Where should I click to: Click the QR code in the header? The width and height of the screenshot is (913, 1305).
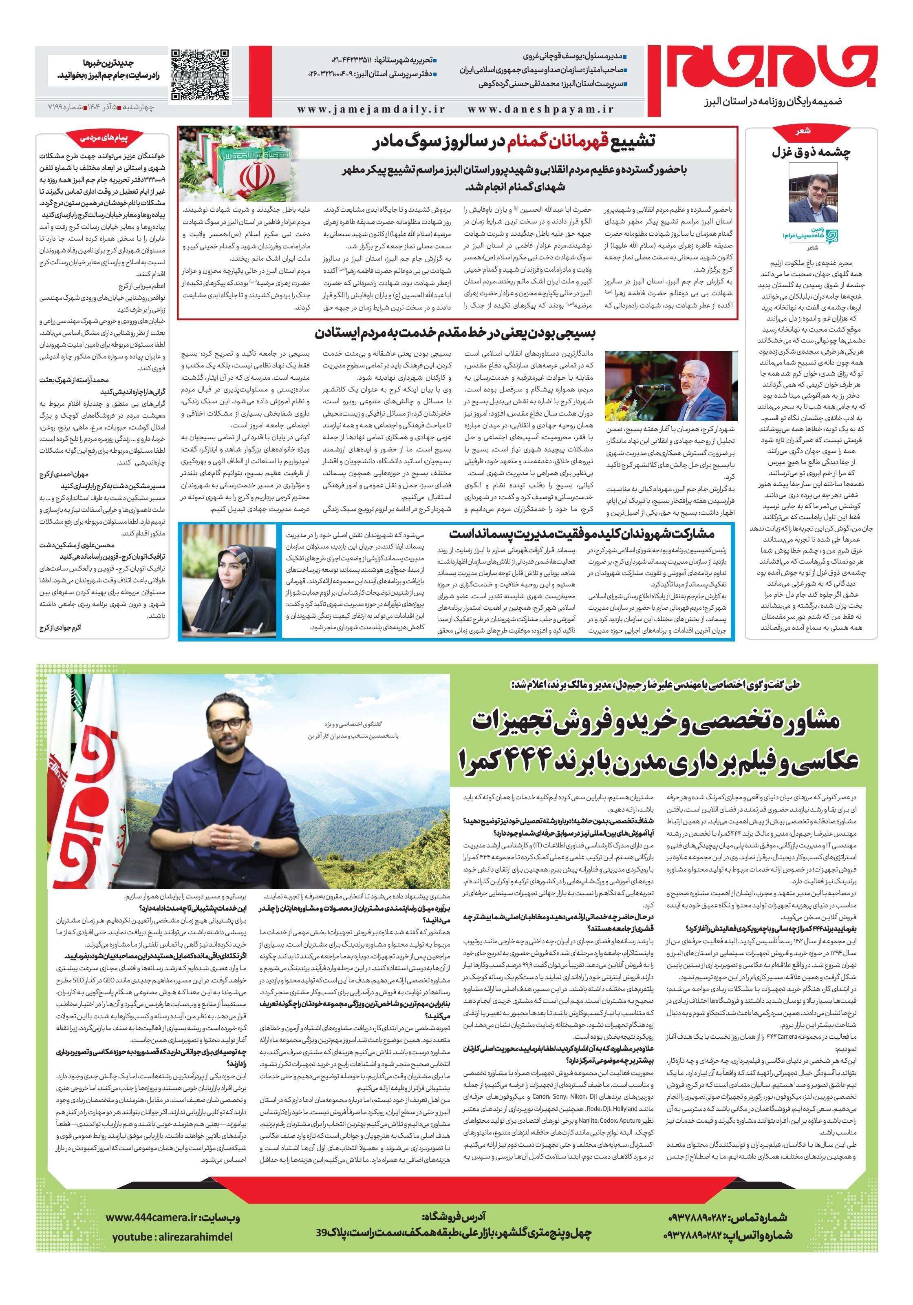201,75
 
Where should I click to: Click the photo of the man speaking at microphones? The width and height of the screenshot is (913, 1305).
670,387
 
